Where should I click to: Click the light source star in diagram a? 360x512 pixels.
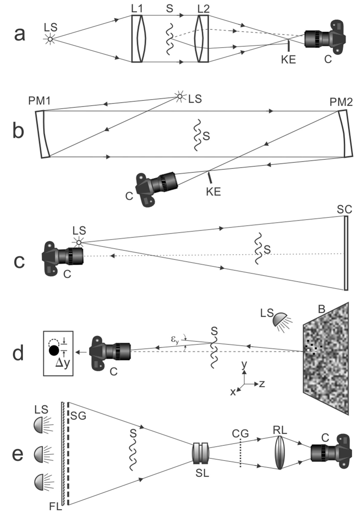(x=50, y=39)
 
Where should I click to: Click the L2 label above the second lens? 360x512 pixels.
(x=203, y=9)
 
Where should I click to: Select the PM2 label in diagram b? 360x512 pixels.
(x=341, y=102)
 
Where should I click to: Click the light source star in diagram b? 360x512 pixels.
(x=180, y=96)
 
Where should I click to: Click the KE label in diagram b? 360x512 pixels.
(x=213, y=192)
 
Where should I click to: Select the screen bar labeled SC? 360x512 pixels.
(x=346, y=253)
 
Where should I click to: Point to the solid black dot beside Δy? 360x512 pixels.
(x=54, y=350)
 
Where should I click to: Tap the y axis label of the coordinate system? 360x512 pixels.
(x=244, y=365)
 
